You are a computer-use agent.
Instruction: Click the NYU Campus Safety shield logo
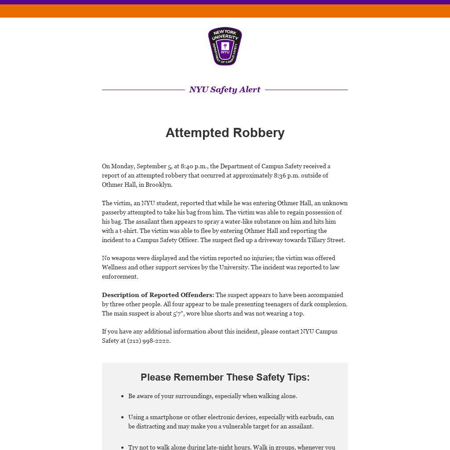click(225, 46)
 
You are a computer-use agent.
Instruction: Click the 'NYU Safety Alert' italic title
click(225, 90)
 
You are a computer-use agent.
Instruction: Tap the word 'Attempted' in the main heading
click(197, 133)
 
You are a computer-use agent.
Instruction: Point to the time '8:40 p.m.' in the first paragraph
click(194, 166)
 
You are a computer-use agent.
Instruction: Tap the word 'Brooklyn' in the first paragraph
click(158, 185)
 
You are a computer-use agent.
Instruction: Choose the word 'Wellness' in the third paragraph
click(114, 267)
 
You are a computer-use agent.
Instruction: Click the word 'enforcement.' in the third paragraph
click(120, 276)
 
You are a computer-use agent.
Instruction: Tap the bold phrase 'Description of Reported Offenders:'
click(158, 295)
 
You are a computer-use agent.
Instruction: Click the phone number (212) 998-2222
click(148, 341)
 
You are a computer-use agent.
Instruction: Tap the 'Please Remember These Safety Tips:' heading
click(225, 377)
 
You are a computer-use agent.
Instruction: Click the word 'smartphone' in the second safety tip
click(166, 417)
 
